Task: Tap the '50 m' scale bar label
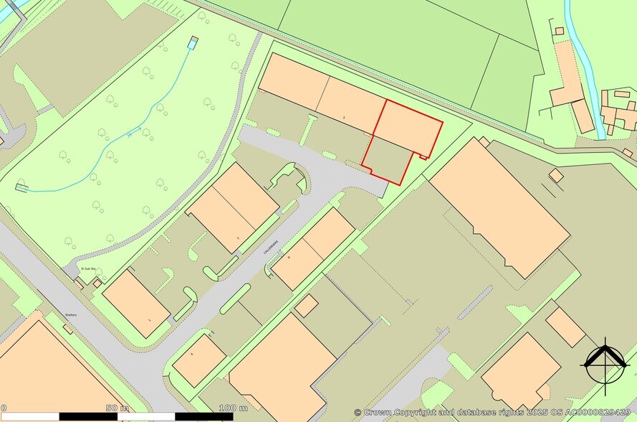(x=112, y=408)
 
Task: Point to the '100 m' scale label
(x=228, y=408)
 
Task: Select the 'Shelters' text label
(x=70, y=314)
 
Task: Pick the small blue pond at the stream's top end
(x=192, y=42)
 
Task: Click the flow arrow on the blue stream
(x=129, y=134)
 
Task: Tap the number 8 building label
(x=289, y=256)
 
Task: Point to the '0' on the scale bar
(x=4, y=408)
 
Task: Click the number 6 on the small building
(x=193, y=355)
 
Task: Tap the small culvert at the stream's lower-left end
(x=21, y=188)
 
